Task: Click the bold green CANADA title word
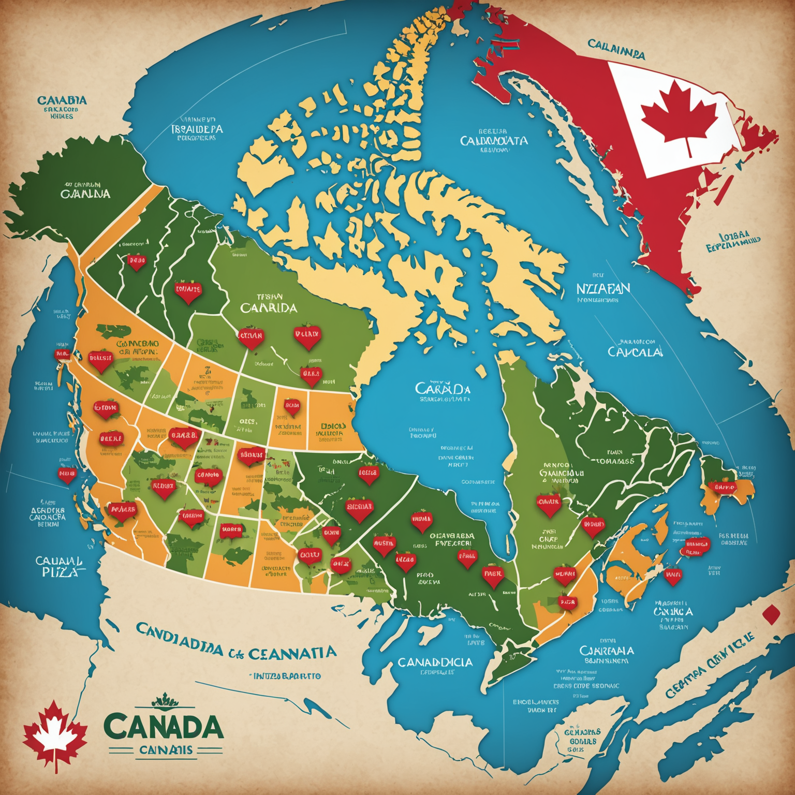click(164, 727)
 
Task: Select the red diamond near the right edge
click(771, 614)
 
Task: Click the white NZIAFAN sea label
click(603, 289)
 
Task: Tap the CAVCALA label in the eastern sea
click(634, 352)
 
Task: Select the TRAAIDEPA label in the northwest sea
click(197, 128)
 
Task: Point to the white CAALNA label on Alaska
click(85, 194)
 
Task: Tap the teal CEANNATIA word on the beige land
click(292, 653)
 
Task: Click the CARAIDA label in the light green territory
click(269, 308)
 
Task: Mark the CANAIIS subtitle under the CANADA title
click(166, 750)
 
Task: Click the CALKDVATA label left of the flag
click(494, 140)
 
